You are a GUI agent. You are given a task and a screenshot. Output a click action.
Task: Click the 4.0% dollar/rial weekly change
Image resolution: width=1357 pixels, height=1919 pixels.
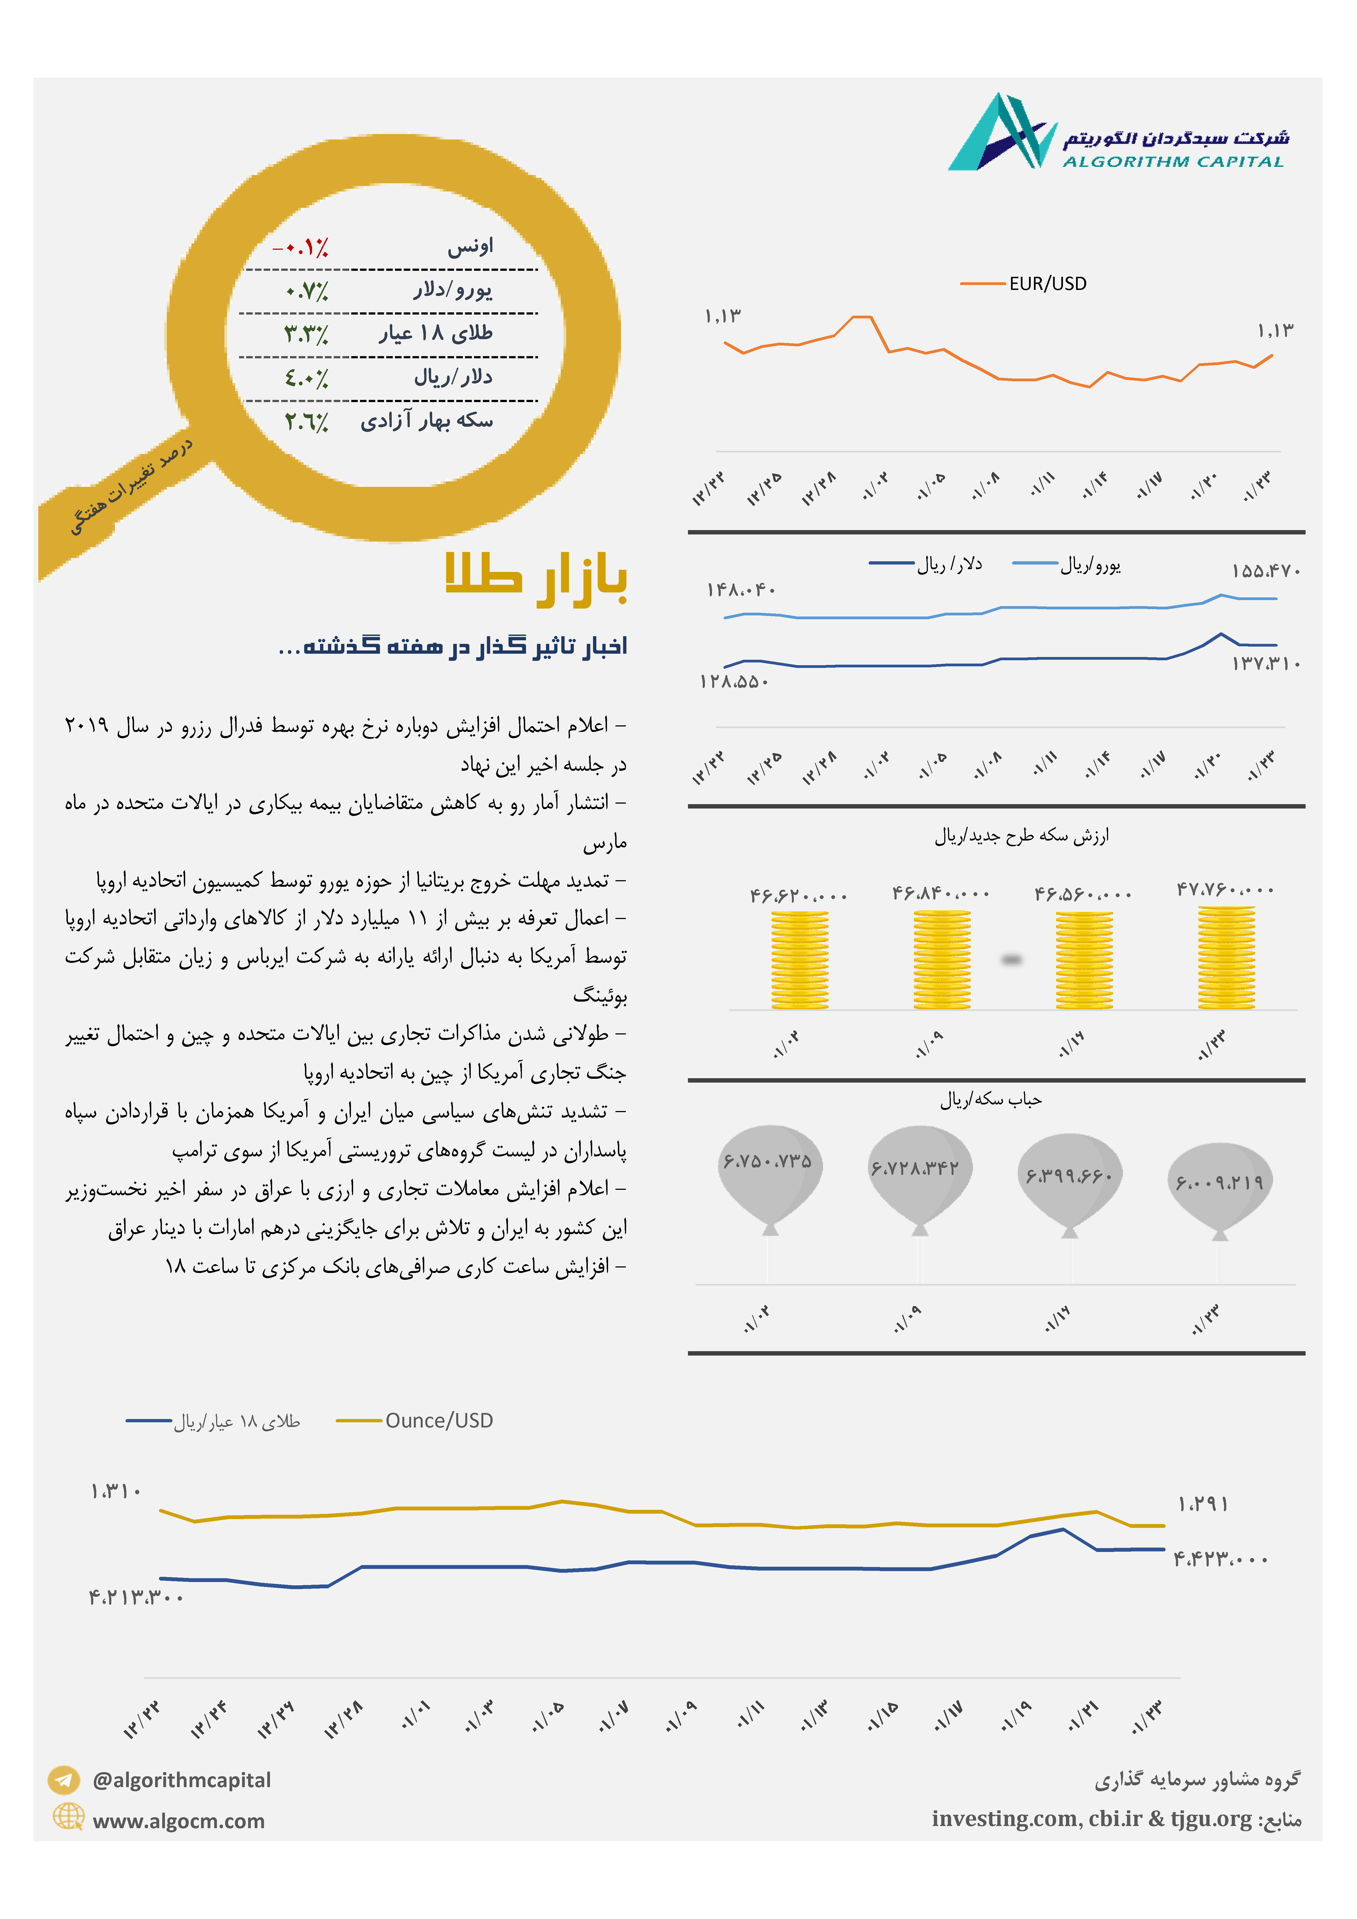pyautogui.click(x=306, y=378)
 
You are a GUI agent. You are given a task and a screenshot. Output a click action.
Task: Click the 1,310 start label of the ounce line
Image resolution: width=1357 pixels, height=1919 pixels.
pyautogui.click(x=116, y=1491)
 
